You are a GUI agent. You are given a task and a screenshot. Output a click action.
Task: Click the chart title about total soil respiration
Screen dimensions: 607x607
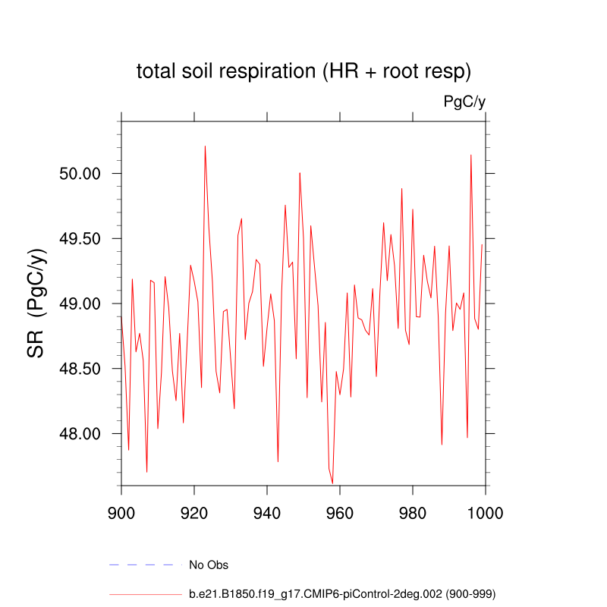303,72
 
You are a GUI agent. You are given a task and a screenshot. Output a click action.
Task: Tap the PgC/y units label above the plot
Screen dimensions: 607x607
464,102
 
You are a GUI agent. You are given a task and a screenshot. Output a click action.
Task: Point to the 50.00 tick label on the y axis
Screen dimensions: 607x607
80,174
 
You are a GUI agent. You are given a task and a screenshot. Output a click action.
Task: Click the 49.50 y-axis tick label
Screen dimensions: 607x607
80,239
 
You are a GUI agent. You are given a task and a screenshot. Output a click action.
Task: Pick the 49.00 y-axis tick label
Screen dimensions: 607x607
80,303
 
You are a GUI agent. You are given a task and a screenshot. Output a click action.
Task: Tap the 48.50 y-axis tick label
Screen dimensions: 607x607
80,369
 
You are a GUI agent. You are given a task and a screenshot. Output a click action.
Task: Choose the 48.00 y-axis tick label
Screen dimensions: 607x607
80,434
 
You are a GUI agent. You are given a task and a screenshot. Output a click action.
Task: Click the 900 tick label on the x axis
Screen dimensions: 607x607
121,511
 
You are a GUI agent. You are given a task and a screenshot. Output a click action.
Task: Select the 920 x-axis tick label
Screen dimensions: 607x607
194,511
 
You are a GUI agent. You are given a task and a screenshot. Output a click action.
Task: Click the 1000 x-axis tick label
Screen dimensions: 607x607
484,511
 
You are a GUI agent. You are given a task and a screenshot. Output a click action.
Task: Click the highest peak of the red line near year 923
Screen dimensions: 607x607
205,146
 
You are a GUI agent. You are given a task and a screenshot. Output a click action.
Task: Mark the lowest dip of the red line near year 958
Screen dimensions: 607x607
332,483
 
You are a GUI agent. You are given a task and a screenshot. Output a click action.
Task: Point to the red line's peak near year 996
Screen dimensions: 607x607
471,156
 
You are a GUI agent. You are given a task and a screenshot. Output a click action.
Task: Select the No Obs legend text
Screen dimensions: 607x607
209,565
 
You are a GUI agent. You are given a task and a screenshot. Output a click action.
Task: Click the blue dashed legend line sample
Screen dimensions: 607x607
146,565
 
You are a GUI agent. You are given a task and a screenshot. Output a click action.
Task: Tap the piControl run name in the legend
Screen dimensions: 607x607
342,593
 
